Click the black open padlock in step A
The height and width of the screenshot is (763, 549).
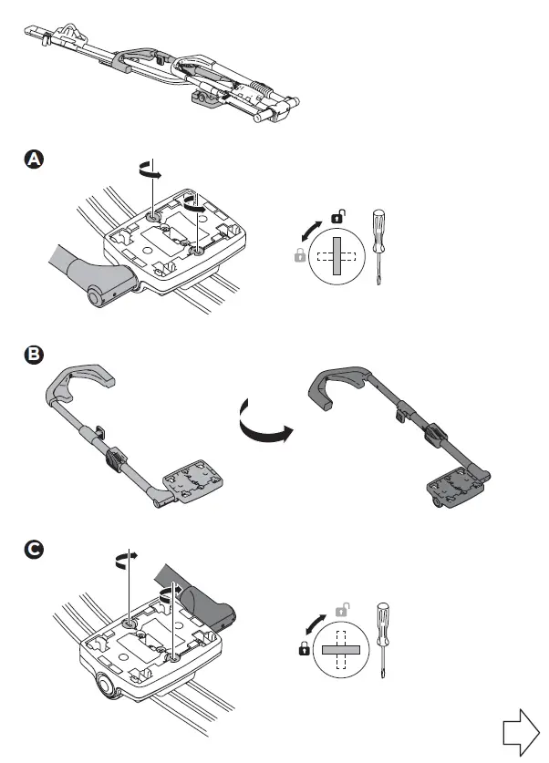click(337, 216)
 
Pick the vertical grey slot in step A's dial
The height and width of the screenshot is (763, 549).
click(335, 257)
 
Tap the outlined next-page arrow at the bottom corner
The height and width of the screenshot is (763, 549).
click(523, 732)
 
